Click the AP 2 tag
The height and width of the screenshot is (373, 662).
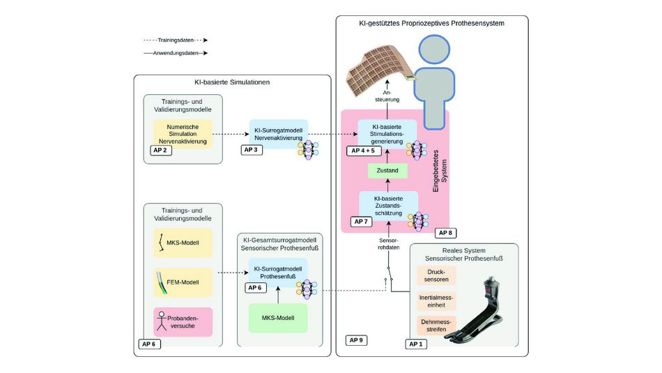pos(161,151)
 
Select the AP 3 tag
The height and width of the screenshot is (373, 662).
pos(251,150)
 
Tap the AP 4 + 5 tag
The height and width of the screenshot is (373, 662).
pos(363,151)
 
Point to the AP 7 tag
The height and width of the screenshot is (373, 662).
pos(361,222)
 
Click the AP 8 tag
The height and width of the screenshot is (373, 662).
pos(445,233)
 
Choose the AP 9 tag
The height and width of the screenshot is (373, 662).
pos(356,340)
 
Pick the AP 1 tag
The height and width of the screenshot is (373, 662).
pos(416,344)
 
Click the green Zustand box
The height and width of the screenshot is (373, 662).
pos(387,171)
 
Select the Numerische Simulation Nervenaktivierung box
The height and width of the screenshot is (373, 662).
pos(183,134)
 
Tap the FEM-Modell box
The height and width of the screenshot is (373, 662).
pos(183,282)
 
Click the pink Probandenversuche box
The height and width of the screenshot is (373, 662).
pos(183,322)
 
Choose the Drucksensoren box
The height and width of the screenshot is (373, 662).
pos(436,275)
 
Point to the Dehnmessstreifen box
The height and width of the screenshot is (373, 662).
pos(436,326)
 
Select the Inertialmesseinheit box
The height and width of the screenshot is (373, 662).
pos(436,300)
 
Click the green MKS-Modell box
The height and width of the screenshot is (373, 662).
pos(278,318)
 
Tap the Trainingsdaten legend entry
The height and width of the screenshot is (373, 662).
pos(176,40)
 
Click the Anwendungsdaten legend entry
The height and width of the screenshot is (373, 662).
pos(176,53)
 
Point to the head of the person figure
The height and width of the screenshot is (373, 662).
pos(434,50)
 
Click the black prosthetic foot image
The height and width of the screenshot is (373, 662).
pos(477,310)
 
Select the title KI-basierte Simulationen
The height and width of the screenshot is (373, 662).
pos(232,82)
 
